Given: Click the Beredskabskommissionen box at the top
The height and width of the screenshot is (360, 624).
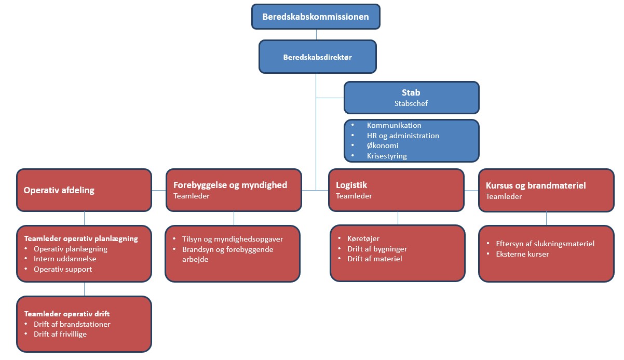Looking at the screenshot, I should pos(316,17).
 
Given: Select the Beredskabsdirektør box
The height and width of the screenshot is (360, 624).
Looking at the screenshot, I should pos(317,57).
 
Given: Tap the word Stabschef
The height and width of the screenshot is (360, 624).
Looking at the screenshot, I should pos(411,103).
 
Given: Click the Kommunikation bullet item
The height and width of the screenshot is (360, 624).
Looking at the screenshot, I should pos(394,125).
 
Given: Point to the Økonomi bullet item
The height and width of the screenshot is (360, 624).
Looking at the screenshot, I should pos(383,145).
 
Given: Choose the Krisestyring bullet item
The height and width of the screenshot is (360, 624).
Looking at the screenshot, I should pos(386,156).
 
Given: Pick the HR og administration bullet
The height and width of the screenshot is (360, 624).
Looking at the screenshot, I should pos(403,136).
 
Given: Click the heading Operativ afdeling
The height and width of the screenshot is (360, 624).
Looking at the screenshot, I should pos(59,190).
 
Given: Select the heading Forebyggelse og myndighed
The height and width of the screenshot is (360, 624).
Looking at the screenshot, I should pos(230,185).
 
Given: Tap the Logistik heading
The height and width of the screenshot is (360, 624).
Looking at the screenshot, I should pos(352,185).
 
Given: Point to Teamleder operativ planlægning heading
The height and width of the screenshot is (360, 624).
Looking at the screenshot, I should pos(81,239).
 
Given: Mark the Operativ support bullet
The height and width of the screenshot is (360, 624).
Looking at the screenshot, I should pos(63,269).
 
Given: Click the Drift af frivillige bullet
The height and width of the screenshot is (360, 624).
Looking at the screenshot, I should pos(60,334).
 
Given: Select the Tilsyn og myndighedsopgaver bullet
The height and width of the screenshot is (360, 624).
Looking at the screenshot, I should pos(232,239).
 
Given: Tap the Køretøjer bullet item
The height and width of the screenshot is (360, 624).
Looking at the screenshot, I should pos(363,238).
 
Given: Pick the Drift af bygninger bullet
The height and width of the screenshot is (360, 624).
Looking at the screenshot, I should pos(377,249).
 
